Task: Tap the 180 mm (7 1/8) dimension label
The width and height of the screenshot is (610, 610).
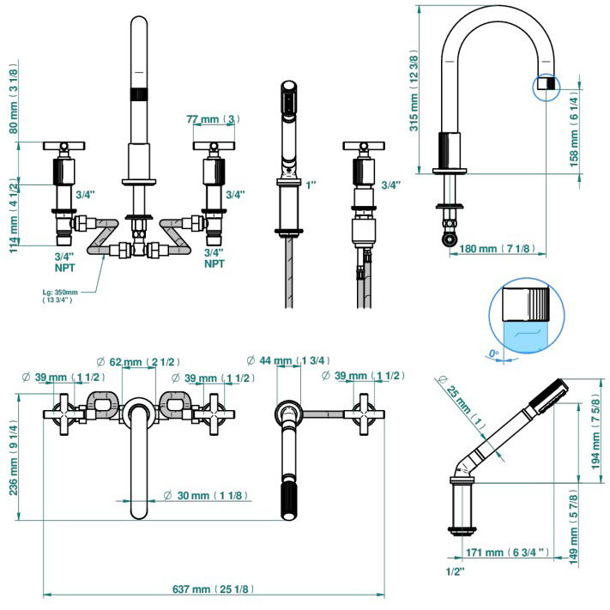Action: (x=497, y=248)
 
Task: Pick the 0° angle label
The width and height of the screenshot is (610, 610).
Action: (x=492, y=353)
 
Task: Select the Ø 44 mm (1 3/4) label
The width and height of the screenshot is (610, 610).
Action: (x=289, y=361)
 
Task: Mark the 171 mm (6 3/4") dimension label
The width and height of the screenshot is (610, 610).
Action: (x=508, y=553)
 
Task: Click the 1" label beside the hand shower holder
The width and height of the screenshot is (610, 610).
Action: (x=311, y=185)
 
